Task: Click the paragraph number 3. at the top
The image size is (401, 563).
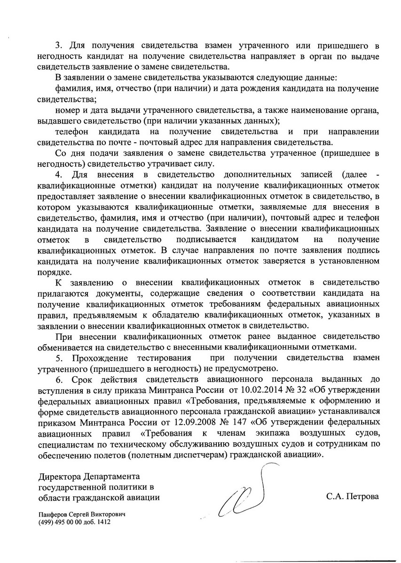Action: pyautogui.click(x=59, y=46)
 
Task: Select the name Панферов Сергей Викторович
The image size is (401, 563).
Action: pyautogui.click(x=83, y=515)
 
